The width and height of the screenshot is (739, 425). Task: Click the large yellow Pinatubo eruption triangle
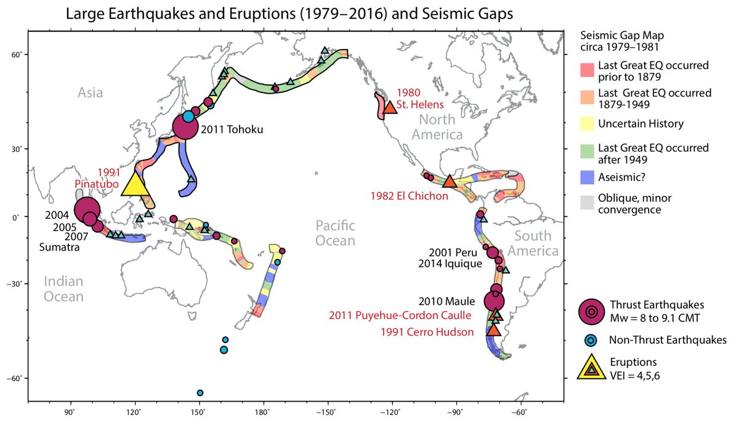pyautogui.click(x=135, y=185)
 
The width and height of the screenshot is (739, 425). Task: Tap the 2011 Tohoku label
pyautogui.click(x=232, y=129)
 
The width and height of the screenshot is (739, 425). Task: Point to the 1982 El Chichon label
pyautogui.click(x=409, y=196)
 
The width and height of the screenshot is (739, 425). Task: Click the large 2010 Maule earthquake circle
pyautogui.click(x=494, y=301)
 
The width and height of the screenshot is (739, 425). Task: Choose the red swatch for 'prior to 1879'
pyautogui.click(x=587, y=71)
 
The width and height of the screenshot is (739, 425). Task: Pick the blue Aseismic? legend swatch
pyautogui.click(x=587, y=177)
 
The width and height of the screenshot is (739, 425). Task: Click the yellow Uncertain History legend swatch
pyautogui.click(x=587, y=124)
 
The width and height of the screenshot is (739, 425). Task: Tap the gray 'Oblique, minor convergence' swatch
pyautogui.click(x=587, y=203)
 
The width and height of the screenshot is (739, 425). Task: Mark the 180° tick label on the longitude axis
pyautogui.click(x=264, y=412)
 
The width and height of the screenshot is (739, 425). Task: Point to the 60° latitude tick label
pyautogui.click(x=16, y=54)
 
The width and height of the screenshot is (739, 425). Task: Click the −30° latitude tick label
pyautogui.click(x=14, y=283)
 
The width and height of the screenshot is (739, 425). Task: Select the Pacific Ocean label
pyautogui.click(x=335, y=233)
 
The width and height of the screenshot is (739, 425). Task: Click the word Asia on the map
pyautogui.click(x=90, y=93)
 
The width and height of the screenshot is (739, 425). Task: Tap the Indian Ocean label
pyautogui.click(x=63, y=289)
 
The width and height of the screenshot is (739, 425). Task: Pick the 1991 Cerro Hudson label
pyautogui.click(x=427, y=332)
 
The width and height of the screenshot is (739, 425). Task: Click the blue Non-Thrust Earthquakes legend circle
pyautogui.click(x=592, y=340)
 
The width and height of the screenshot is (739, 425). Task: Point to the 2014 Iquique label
pyautogui.click(x=450, y=264)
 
